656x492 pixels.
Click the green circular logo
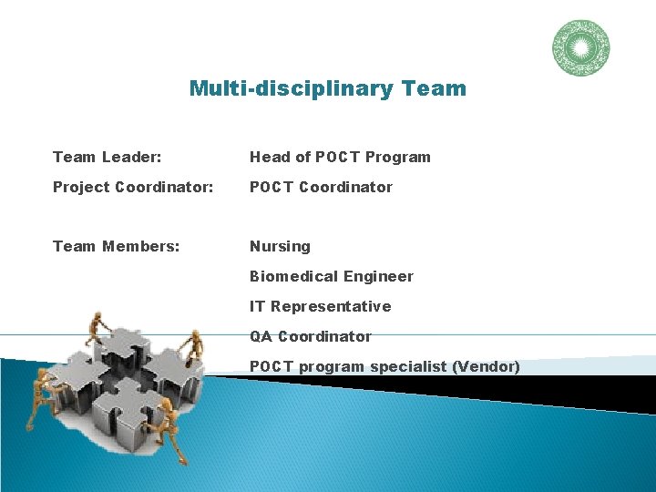(x=580, y=48)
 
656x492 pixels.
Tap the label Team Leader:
(x=108, y=157)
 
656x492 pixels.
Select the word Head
(x=271, y=157)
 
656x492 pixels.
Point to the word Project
(x=81, y=187)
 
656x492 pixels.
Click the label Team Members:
(x=116, y=246)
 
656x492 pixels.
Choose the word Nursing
(x=280, y=246)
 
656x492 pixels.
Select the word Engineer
(x=377, y=276)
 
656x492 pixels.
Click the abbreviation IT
(x=258, y=306)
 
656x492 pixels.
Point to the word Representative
(x=331, y=306)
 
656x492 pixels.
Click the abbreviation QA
(x=261, y=336)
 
